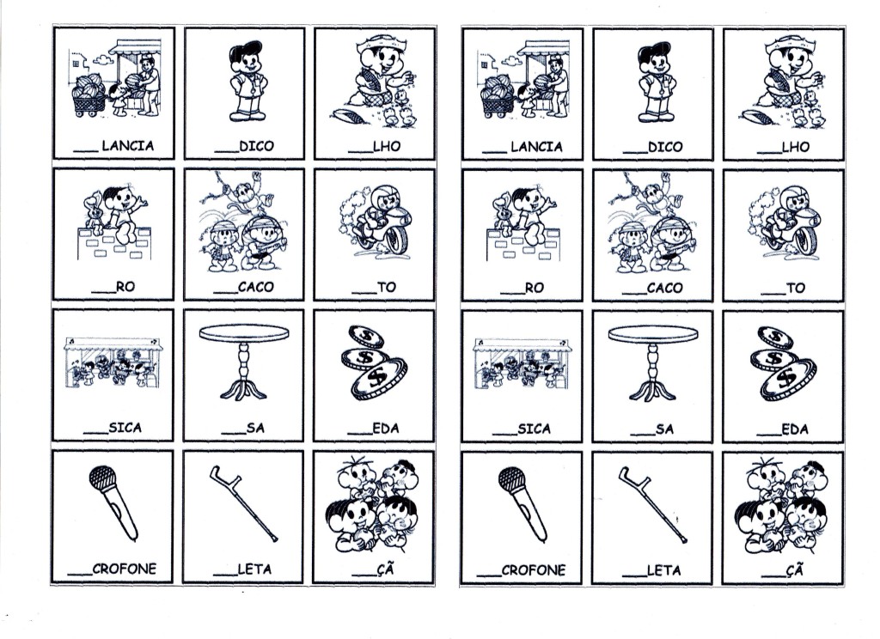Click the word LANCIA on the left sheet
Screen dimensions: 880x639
(128, 146)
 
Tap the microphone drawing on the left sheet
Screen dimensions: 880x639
(113, 502)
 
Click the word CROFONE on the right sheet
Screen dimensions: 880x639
(533, 570)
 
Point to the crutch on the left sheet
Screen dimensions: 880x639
(243, 503)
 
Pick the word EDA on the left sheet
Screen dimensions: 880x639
(386, 429)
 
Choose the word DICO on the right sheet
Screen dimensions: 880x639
(666, 147)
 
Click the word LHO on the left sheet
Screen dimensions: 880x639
(388, 146)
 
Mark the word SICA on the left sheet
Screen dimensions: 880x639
(125, 428)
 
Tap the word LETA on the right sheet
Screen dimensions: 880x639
(664, 570)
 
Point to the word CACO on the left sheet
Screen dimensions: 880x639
(256, 287)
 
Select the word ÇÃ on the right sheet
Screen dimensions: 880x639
(795, 570)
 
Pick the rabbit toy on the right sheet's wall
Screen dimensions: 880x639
(502, 213)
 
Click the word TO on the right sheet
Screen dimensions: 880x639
(796, 289)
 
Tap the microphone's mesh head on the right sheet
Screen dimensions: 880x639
(512, 479)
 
